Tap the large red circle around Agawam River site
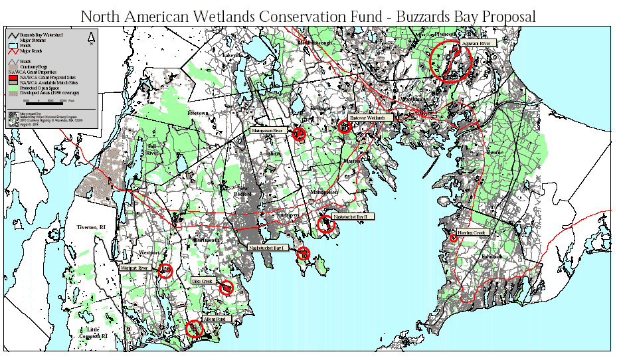click(451, 60)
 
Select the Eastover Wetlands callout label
click(374, 118)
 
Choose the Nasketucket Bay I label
click(269, 247)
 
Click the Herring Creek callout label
click(472, 232)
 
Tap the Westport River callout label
click(137, 268)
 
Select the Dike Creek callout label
click(202, 281)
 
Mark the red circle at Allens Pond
click(194, 328)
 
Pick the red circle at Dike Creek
click(226, 288)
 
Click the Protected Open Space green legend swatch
click(13, 88)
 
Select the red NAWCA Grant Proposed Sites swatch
click(13, 77)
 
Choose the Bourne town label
click(495, 152)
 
